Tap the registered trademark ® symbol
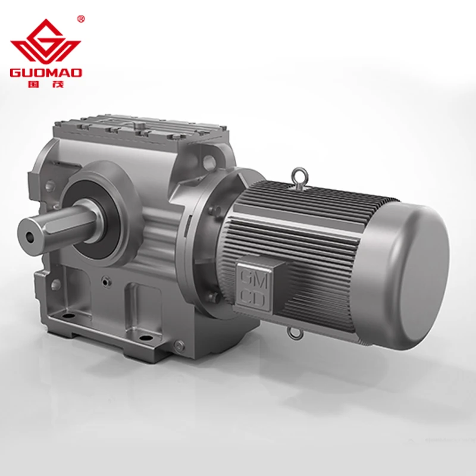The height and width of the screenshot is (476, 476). click(x=81, y=19)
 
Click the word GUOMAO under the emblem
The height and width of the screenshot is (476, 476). click(x=46, y=73)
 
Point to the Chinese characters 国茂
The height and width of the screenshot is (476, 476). click(x=46, y=84)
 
